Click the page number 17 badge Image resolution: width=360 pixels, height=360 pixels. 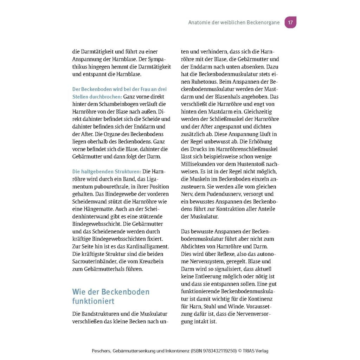(290, 22)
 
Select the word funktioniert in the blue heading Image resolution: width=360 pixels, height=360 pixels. (93, 302)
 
